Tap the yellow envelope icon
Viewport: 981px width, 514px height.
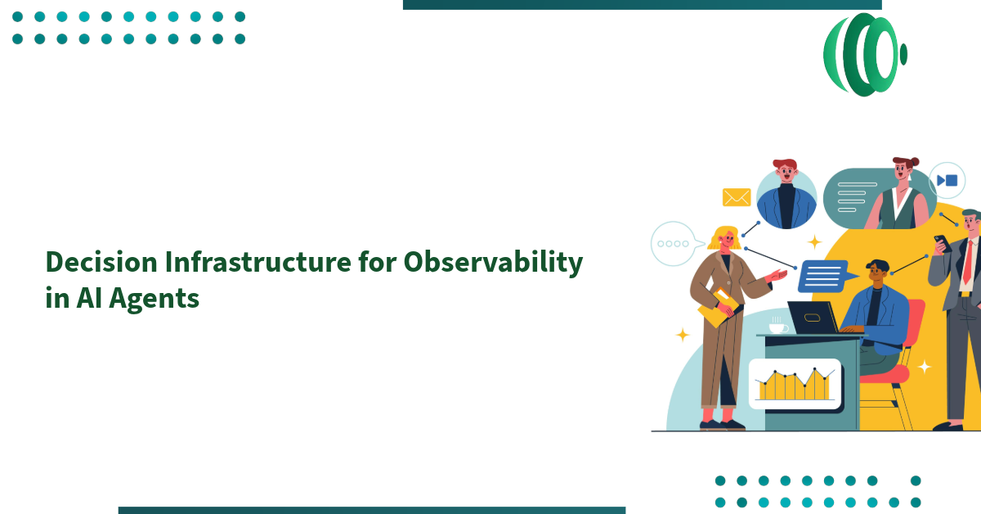coord(736,197)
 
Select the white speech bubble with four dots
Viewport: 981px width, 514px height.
coord(676,244)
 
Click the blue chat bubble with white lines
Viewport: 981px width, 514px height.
coord(826,276)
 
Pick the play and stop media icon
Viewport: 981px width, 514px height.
coord(947,180)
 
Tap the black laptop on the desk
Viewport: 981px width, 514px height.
coord(813,318)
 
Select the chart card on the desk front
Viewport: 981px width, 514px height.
coord(794,384)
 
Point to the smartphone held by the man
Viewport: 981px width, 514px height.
coord(941,243)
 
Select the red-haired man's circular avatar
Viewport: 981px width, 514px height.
coord(786,198)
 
